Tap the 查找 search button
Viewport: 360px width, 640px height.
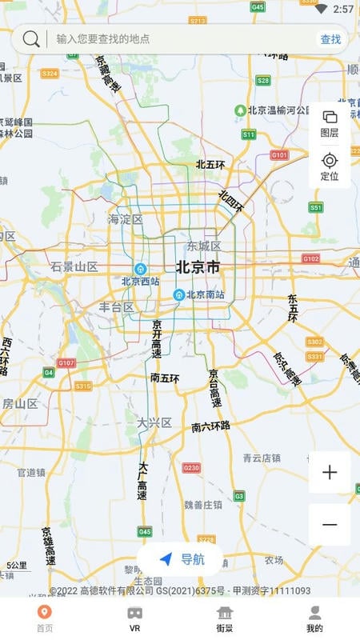(330, 39)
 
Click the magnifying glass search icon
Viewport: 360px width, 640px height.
(31, 38)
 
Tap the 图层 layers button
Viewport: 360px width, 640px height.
(330, 124)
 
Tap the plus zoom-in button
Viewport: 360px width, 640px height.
(330, 472)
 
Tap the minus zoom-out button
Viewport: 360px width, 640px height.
(330, 525)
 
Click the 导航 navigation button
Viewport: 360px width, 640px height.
(181, 559)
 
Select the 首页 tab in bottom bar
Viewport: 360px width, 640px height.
(45, 618)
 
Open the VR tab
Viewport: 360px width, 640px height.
(134, 618)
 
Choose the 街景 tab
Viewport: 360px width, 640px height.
(225, 618)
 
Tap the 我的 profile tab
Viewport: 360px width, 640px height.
(314, 618)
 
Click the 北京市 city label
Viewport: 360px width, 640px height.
(198, 267)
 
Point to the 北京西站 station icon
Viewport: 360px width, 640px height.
(141, 270)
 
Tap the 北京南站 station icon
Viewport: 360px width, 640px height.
(180, 294)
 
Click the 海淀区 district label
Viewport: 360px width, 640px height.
(126, 219)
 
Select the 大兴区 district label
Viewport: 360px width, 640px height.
(154, 422)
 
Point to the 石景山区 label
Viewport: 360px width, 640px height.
(74, 266)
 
